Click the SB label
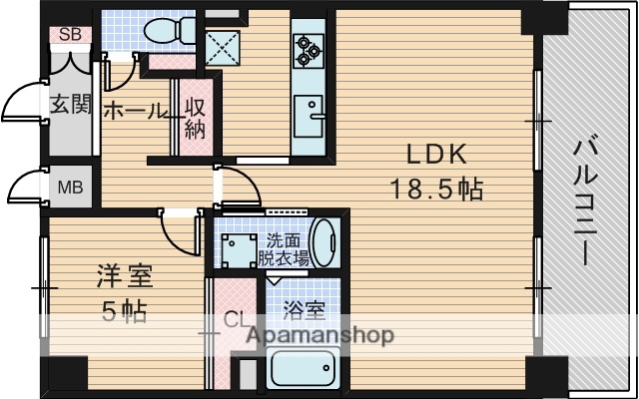70,35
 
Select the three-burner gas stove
307,46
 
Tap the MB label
70,188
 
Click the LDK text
435,156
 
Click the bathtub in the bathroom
304,371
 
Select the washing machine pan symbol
238,248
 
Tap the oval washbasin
324,242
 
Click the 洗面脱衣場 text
284,249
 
